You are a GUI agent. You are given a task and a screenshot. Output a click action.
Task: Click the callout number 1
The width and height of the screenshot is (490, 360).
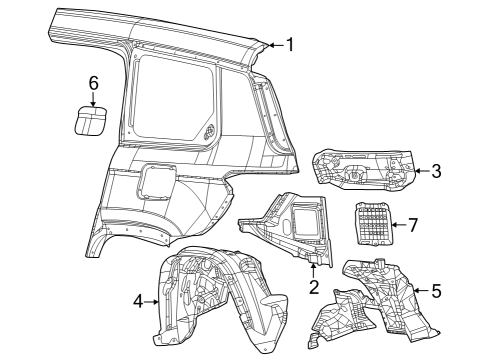[x=290, y=44]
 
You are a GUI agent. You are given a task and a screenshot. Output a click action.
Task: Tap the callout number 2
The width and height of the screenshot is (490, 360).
[x=313, y=288]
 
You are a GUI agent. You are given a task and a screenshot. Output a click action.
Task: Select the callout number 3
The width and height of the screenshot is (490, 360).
[x=436, y=171]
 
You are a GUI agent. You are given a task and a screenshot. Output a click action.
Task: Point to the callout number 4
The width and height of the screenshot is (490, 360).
[x=139, y=299]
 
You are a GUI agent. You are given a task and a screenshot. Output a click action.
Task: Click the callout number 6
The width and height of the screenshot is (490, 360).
[x=93, y=82]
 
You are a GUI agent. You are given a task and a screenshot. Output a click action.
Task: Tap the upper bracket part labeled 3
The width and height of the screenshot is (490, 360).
[x=366, y=168]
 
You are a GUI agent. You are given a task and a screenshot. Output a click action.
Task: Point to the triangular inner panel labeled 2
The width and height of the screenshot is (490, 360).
[x=290, y=225]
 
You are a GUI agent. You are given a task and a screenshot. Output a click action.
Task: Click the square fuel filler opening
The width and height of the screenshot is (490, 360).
[x=156, y=182]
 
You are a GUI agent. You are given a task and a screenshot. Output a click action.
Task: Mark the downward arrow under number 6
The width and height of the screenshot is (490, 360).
[x=93, y=98]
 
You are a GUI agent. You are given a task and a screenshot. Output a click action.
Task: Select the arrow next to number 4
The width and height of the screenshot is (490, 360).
[x=153, y=299]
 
